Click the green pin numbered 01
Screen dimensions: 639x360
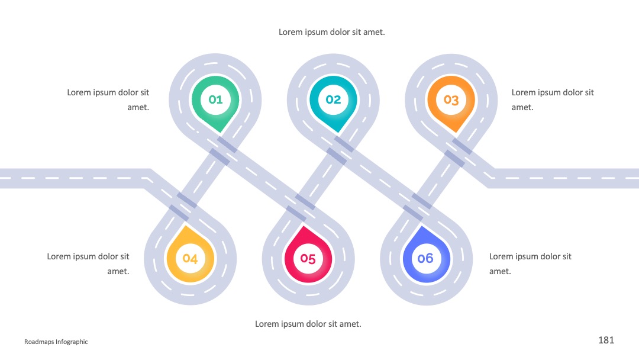(215, 102)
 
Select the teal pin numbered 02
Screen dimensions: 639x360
(333, 102)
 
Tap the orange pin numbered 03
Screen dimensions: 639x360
(451, 102)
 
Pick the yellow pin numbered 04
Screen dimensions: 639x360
(191, 256)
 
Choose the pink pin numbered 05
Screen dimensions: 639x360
(308, 256)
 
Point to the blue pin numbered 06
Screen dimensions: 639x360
(426, 256)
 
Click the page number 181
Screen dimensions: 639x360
(606, 340)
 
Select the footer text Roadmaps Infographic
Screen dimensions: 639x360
(56, 342)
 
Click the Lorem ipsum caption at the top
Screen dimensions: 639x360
(332, 32)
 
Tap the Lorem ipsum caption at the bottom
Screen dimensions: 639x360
(308, 324)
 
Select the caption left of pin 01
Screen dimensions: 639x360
(108, 99)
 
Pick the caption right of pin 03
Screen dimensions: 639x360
(553, 99)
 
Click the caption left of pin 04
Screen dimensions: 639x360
(88, 263)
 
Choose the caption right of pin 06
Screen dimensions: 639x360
(530, 263)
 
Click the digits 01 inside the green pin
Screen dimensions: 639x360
(215, 99)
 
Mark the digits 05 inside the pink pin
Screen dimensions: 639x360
(308, 259)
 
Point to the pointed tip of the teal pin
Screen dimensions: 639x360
(338, 133)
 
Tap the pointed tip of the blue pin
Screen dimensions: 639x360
(421, 226)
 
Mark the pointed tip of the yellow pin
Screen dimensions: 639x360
(186, 226)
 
